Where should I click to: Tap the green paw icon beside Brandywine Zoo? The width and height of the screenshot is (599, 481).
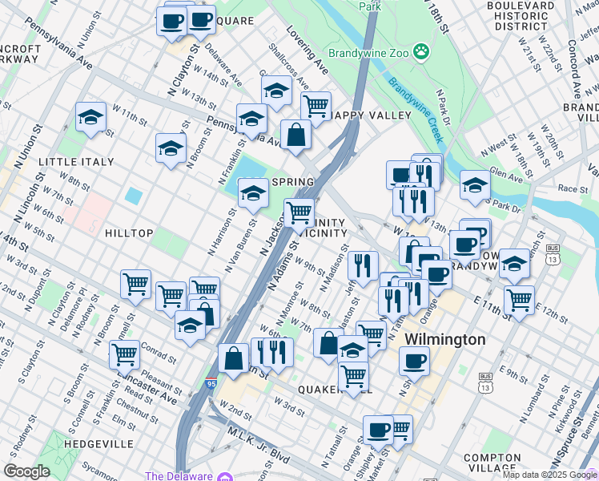pos(421,54)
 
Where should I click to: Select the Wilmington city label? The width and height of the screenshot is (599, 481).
pos(444,339)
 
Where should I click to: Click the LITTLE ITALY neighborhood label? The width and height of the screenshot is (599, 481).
pos(76,162)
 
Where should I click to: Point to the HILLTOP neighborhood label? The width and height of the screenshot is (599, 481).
pos(128,232)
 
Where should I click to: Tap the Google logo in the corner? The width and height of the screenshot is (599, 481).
pos(26,471)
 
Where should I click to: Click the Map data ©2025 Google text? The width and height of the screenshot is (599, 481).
pos(549,475)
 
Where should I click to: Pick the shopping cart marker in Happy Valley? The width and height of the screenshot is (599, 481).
pos(316,105)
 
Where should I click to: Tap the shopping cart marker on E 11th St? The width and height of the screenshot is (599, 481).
pos(519,300)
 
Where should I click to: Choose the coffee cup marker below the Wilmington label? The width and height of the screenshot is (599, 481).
pos(414,360)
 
